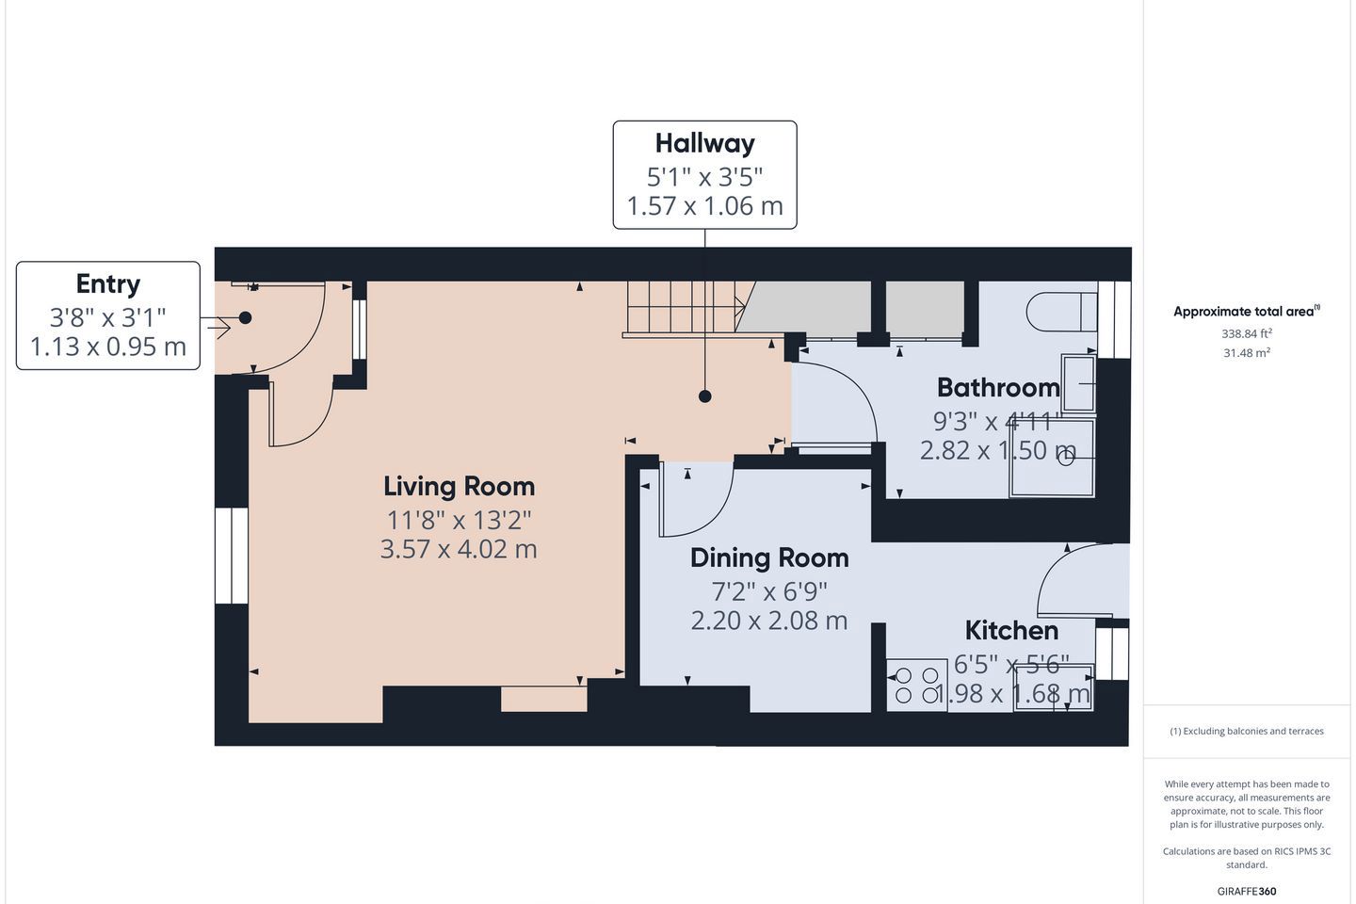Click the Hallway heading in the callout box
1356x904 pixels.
tap(704, 144)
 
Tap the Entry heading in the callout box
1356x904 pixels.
tap(107, 284)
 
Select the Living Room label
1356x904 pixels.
tap(459, 486)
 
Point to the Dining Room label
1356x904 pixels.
tap(769, 558)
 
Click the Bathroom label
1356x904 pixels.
tap(998, 388)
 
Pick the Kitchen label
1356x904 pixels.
tap(1011, 630)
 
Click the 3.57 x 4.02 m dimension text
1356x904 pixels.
tap(459, 549)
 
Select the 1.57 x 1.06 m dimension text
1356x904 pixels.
tap(704, 206)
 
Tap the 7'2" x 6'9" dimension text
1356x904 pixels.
tap(768, 591)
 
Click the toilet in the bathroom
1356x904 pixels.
tap(1061, 312)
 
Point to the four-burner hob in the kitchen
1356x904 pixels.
tap(916, 685)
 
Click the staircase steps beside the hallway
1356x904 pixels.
tap(685, 307)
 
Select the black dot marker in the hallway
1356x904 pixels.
tap(704, 396)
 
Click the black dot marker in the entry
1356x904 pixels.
tap(245, 317)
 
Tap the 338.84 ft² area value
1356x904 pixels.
tap(1247, 333)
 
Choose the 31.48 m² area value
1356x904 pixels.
tap(1247, 352)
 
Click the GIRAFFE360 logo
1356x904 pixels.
tap(1247, 891)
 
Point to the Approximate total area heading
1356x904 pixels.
tap(1247, 312)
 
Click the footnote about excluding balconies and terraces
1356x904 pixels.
tap(1247, 731)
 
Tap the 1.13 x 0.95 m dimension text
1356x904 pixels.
tap(107, 347)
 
